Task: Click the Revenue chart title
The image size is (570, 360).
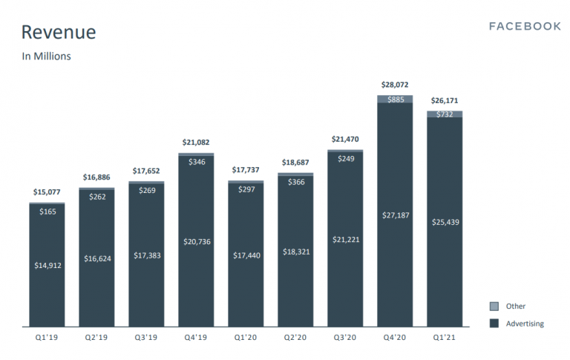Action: point(59,33)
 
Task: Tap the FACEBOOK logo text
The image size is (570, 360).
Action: point(525,26)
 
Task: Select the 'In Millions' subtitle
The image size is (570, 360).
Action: point(46,56)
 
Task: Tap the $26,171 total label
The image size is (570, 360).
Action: point(445,101)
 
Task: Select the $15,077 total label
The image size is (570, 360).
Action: point(47,192)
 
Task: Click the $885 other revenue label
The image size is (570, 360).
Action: point(395,99)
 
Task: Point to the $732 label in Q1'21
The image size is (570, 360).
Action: point(445,114)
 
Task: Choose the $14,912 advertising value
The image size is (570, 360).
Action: point(47,265)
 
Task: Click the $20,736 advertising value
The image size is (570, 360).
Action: point(197,241)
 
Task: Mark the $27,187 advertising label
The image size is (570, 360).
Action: point(395,214)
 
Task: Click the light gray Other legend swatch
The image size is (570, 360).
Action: point(494,306)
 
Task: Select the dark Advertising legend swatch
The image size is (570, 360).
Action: point(494,323)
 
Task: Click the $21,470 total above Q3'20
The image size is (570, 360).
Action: point(345,139)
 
